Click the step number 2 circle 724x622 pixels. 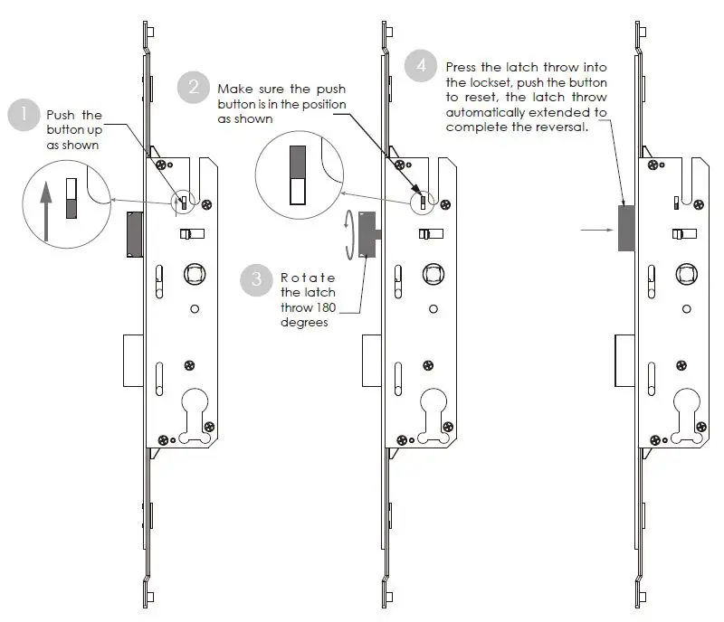(194, 88)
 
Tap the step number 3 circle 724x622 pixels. (256, 280)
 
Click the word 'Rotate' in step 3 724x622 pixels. (308, 278)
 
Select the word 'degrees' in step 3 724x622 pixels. (304, 322)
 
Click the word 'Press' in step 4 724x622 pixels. (462, 68)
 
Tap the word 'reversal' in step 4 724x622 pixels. (563, 127)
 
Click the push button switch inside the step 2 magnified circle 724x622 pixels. (297, 177)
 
